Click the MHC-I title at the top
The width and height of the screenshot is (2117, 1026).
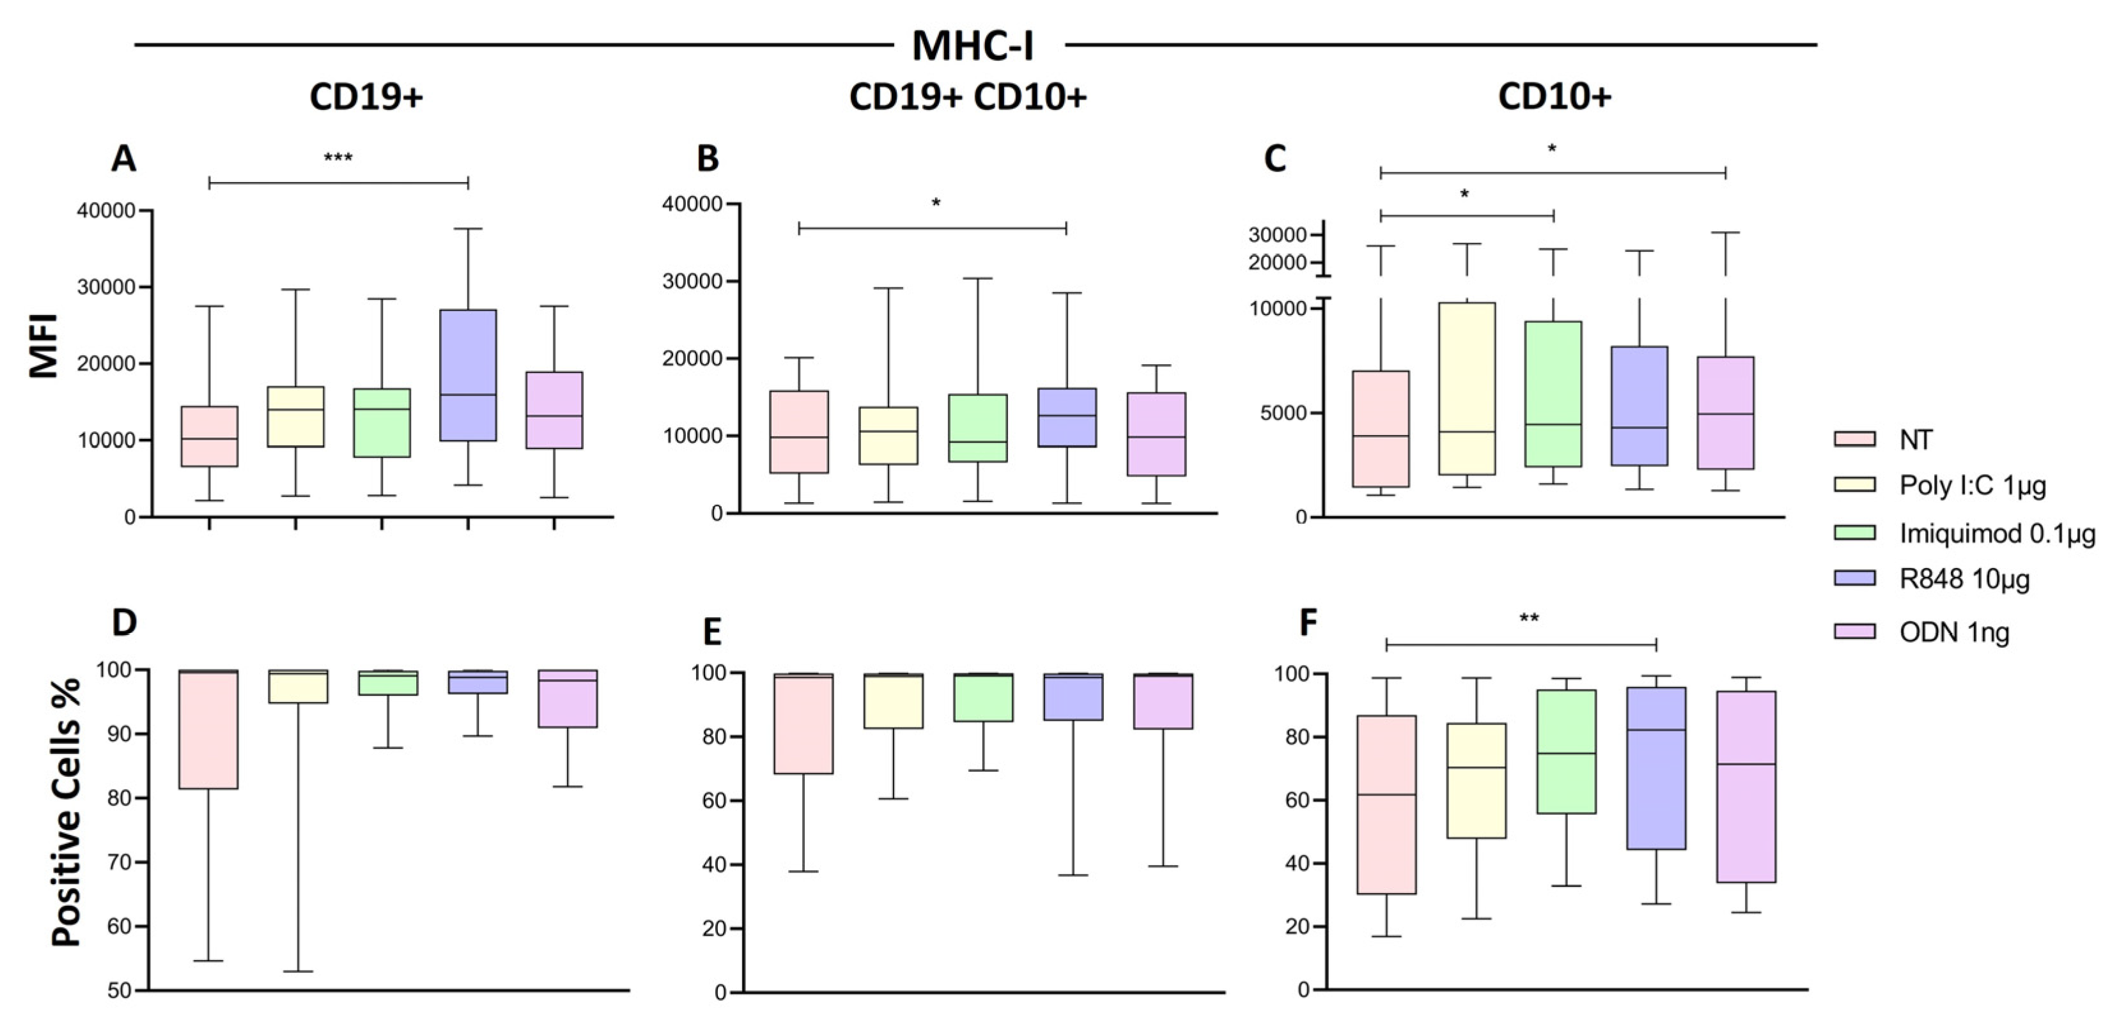tap(972, 45)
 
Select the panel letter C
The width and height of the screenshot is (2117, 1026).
tap(1274, 158)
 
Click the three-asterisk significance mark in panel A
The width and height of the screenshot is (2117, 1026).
tap(337, 158)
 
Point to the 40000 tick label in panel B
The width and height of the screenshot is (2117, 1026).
tap(692, 204)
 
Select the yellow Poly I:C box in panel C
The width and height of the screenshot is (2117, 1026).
tap(1466, 388)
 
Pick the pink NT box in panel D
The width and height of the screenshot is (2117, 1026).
tap(209, 730)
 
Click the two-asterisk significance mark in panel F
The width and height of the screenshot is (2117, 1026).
tap(1528, 618)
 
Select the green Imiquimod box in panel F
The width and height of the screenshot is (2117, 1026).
tap(1567, 752)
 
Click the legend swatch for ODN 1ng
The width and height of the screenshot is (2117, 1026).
tap(1854, 632)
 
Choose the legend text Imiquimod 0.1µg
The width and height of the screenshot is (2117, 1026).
tap(1997, 534)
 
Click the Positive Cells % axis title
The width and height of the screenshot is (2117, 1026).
tap(66, 811)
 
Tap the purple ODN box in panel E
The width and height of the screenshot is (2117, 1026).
tap(1163, 701)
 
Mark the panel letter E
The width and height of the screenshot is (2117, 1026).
tap(711, 632)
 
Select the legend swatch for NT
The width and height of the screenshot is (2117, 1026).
tap(1854, 440)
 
